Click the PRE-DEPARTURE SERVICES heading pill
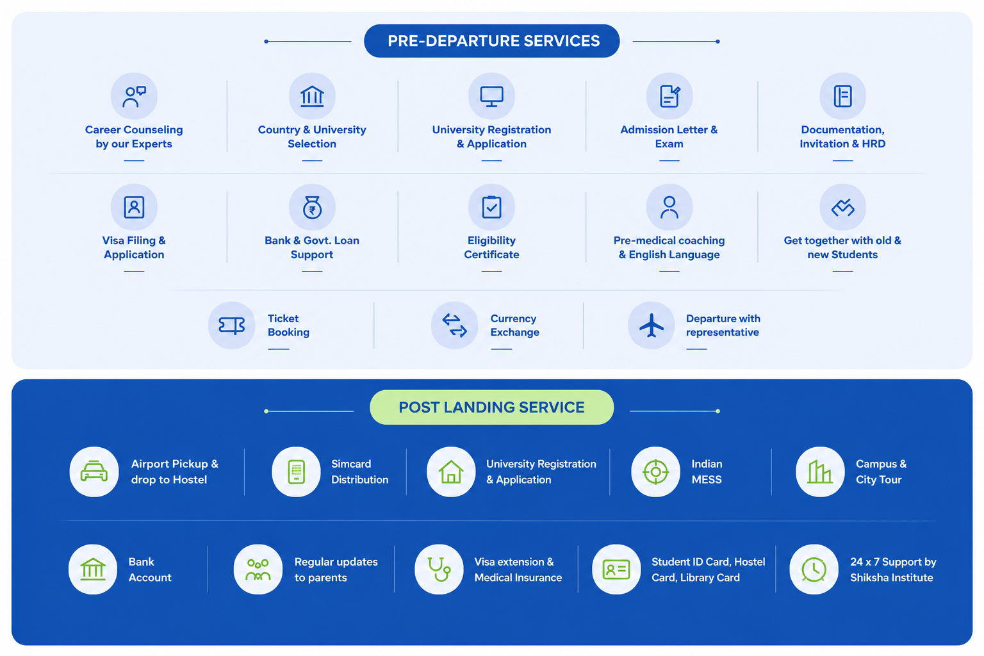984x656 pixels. tap(491, 41)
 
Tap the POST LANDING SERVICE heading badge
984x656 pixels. tap(491, 407)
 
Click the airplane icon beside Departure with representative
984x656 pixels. tap(651, 325)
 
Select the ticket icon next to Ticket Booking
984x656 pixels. tap(231, 325)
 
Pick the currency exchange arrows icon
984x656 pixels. tap(454, 325)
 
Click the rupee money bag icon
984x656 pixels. tap(312, 207)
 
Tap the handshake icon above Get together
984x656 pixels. tap(842, 208)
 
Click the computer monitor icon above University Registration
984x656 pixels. tap(491, 96)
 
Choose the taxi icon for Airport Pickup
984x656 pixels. tap(94, 471)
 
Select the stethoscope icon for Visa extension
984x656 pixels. tap(439, 569)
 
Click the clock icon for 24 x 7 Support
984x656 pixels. tap(814, 570)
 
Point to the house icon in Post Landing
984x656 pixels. tap(451, 471)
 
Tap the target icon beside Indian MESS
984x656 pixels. tap(655, 471)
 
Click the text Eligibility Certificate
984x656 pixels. tap(491, 247)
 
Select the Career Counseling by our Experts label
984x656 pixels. tap(134, 136)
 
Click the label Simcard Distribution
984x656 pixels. tap(360, 471)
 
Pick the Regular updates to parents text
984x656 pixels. tap(336, 570)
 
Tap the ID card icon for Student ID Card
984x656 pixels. tap(616, 570)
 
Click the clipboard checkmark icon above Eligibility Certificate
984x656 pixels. tap(491, 207)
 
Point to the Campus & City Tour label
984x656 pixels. tap(881, 471)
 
